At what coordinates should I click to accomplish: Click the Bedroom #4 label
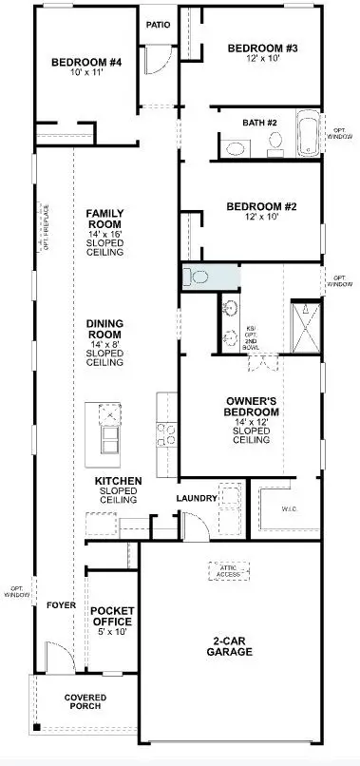(86, 64)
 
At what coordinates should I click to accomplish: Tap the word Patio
(159, 25)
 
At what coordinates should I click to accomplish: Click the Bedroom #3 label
(263, 48)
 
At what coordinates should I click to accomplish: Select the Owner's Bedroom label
(252, 406)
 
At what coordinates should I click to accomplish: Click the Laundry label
(198, 497)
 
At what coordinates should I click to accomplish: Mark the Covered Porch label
(85, 703)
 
